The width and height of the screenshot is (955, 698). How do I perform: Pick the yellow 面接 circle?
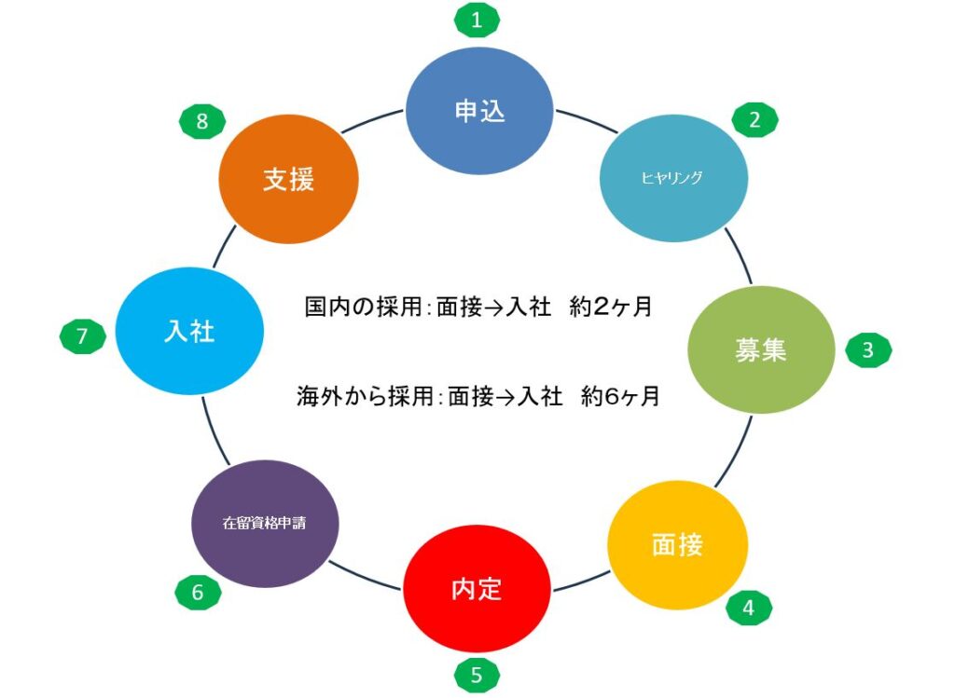pos(677,544)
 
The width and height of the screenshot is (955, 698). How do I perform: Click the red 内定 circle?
pos(477,589)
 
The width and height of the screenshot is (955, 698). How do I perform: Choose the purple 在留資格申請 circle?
pos(265,523)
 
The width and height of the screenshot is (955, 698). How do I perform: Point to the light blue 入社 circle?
pos(189,332)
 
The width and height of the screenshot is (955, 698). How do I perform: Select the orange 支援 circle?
pos(288,180)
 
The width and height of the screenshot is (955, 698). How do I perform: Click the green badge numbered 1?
pos(477,20)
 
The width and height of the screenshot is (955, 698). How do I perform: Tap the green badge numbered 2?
pos(754,119)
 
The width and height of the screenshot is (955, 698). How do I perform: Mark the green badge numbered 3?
pos(867,350)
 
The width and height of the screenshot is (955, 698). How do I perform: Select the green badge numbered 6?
pos(198,591)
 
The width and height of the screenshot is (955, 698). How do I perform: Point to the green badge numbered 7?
pos(82,335)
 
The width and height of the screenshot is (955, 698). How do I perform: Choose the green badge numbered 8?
pos(202,121)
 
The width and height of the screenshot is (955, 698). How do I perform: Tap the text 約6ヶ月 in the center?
pos(620,395)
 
